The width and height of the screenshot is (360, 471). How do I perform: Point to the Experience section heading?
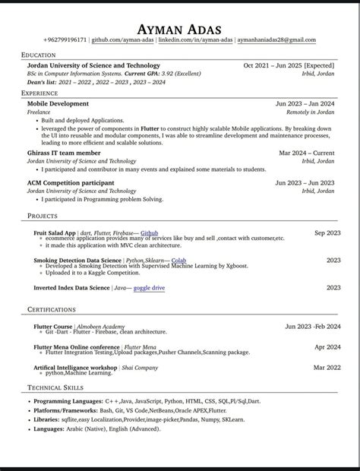coord(39,92)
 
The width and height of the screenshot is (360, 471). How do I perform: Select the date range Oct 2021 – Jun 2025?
coord(289,66)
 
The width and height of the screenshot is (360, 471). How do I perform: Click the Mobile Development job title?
coord(58,103)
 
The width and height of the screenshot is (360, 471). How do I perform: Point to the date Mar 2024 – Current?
coord(307,153)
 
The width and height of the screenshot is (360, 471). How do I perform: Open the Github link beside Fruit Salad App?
coord(150,232)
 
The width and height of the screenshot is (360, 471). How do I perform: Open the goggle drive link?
coord(149,288)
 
